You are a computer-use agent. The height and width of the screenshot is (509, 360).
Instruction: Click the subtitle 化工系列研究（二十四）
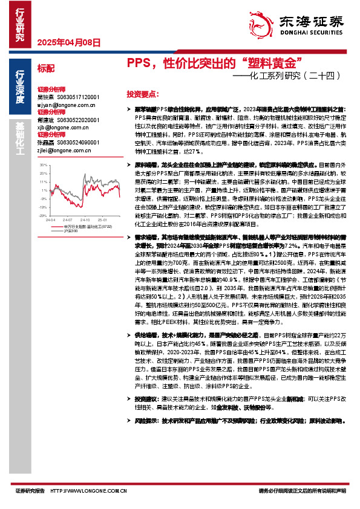coord(290,76)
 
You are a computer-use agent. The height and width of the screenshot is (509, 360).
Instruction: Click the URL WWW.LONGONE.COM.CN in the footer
coord(92,490)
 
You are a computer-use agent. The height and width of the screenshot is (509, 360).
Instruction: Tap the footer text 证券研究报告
coord(30,490)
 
